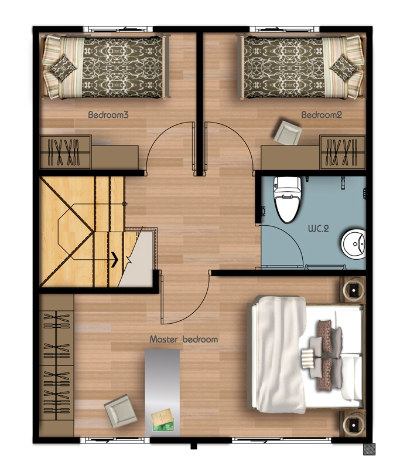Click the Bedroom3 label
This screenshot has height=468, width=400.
108,114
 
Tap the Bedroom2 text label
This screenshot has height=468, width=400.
322,114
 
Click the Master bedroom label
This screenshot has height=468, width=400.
184,340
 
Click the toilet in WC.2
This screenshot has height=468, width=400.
288,199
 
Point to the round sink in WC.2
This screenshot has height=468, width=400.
354,244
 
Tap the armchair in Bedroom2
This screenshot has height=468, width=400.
288,133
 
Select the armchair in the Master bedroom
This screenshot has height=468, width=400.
121,411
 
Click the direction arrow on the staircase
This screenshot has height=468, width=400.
114,259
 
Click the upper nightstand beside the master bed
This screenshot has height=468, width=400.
354,289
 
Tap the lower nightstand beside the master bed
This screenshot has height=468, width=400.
354,424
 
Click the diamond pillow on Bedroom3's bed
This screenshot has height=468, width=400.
63,69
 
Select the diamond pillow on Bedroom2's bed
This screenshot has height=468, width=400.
343,69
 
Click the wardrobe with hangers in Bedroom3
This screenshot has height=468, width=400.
65,152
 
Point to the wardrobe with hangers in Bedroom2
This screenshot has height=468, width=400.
343,152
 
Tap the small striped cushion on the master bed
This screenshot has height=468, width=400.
307,357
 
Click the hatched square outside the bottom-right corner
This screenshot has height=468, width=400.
369,449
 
